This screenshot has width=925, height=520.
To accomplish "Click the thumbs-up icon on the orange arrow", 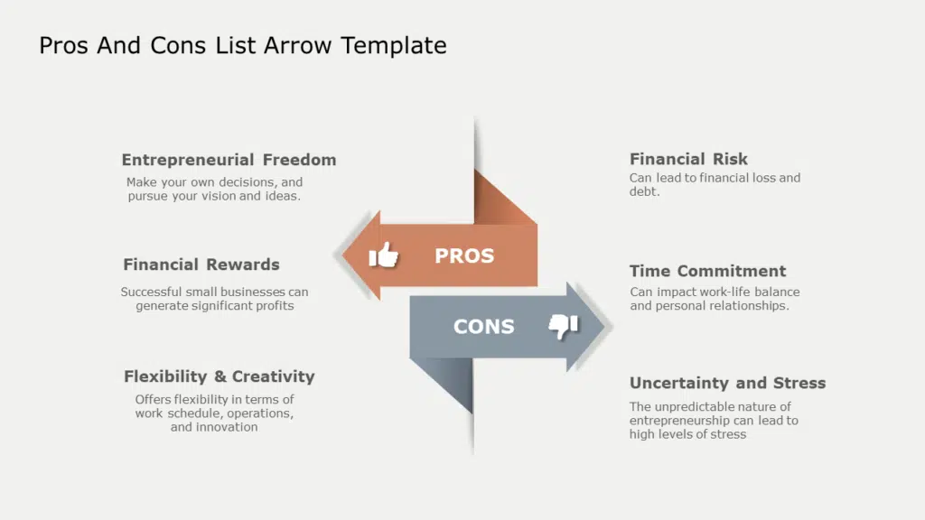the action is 383,255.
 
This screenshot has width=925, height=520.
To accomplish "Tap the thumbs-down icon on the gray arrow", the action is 564,326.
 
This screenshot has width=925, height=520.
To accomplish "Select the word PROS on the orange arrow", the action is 464,255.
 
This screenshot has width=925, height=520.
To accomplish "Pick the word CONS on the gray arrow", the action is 484,327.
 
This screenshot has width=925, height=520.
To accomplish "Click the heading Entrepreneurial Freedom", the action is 229,160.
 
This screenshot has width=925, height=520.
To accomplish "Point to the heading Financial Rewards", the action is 201,265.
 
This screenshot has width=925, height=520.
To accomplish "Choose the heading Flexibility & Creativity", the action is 219,376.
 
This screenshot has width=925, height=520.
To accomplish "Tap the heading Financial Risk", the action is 688,159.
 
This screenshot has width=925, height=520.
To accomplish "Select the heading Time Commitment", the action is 707,271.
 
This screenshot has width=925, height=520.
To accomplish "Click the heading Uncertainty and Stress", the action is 727,383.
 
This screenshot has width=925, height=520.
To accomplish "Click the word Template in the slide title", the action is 394,46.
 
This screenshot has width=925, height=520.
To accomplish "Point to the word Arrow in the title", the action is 297,46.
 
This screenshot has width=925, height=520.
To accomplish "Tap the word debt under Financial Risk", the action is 644,191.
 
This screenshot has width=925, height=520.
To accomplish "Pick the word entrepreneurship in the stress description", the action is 679,421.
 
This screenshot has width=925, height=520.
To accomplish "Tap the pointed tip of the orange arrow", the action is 342,255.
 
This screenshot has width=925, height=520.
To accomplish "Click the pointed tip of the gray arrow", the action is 605,326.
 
